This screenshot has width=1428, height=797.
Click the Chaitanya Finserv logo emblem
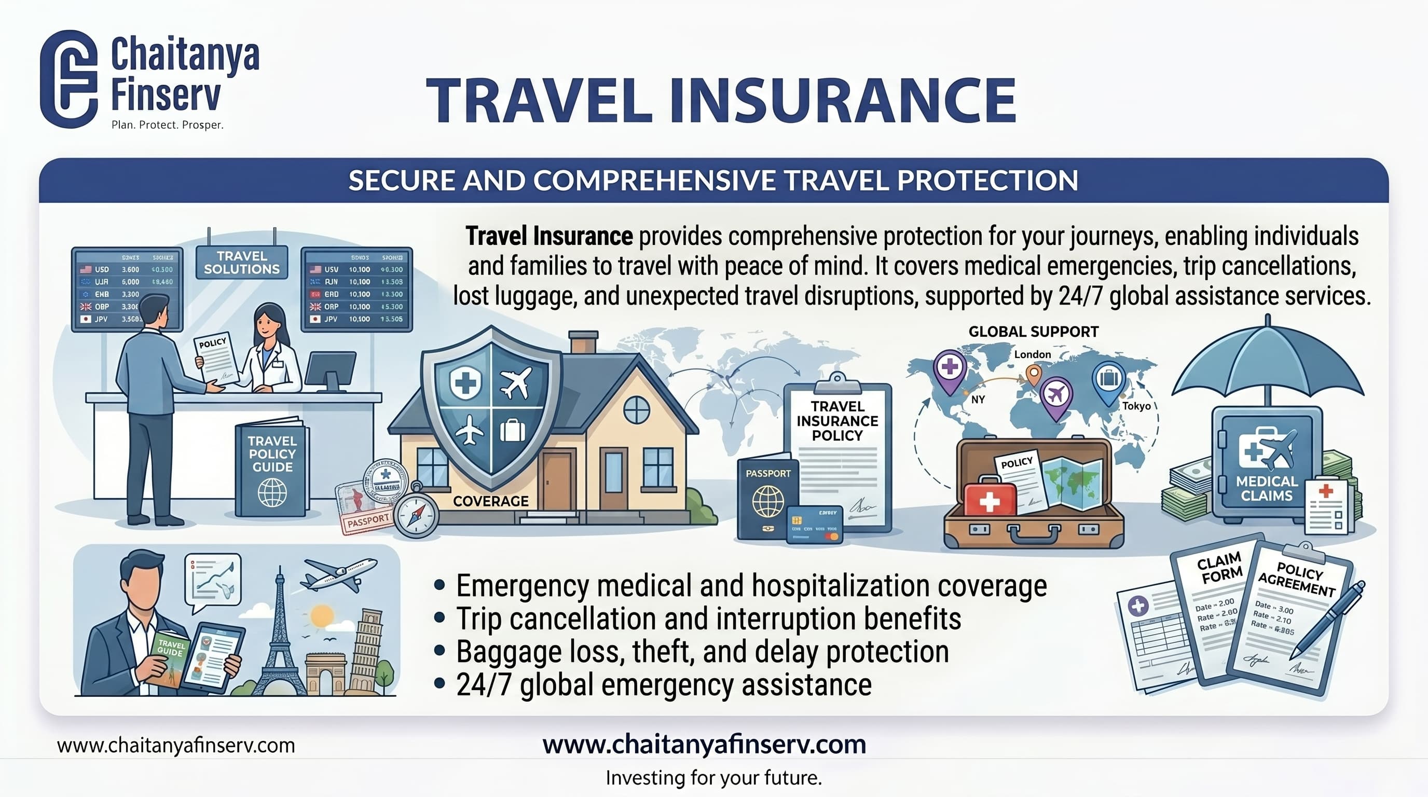[x=68, y=79]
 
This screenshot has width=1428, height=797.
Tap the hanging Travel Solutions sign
[x=242, y=263]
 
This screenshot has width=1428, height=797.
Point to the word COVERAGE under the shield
[x=490, y=501]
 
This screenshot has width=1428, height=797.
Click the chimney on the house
[x=583, y=342]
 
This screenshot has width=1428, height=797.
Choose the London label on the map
[x=1032, y=354]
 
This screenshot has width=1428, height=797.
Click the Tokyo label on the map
[x=1136, y=406]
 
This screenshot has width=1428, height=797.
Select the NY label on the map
[x=978, y=399]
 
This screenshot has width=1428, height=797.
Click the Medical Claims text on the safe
[x=1266, y=488]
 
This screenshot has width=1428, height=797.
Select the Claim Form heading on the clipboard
[x=1219, y=569]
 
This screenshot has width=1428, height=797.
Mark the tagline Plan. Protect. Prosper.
[x=167, y=125]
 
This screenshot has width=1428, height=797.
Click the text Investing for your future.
[x=713, y=778]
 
